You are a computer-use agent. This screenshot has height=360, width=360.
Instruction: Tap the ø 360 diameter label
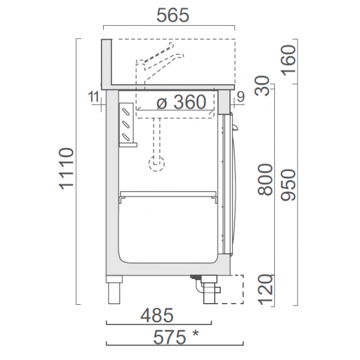click(181, 103)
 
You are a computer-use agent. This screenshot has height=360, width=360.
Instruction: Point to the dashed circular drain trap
click(157, 162)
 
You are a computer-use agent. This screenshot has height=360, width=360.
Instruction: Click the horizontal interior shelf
click(167, 195)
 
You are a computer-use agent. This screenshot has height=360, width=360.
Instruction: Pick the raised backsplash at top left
click(107, 63)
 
